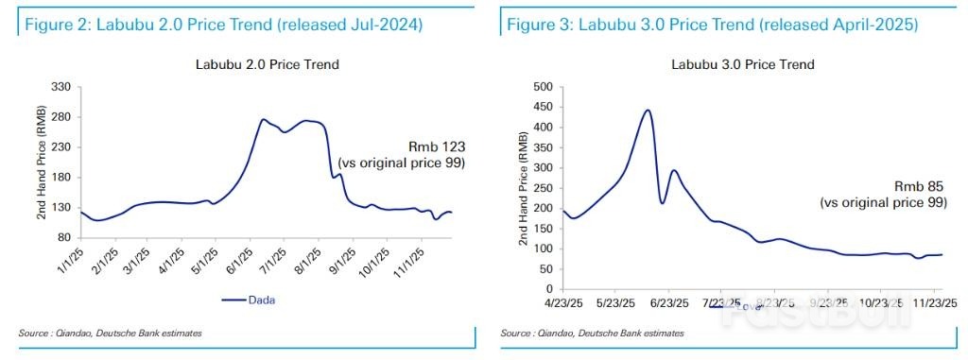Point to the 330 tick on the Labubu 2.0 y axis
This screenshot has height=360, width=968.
pyautogui.click(x=65, y=87)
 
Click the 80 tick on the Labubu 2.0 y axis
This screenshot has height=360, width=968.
pyautogui.click(x=68, y=237)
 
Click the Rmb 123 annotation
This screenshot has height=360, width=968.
pyautogui.click(x=436, y=146)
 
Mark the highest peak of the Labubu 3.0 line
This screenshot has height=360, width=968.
pyautogui.click(x=648, y=111)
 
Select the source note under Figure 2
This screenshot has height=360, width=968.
pyautogui.click(x=110, y=333)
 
